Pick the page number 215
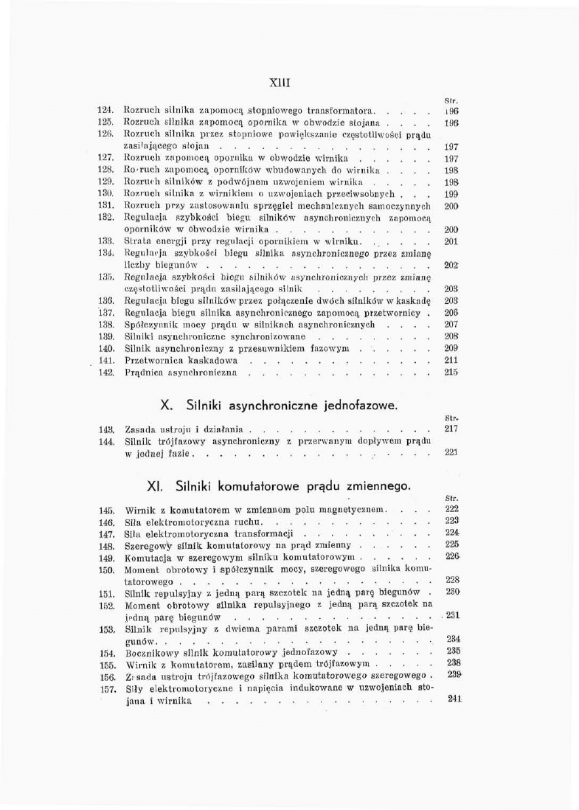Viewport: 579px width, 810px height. point(453,373)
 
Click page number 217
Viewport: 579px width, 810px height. point(453,428)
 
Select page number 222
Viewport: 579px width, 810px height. point(453,509)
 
